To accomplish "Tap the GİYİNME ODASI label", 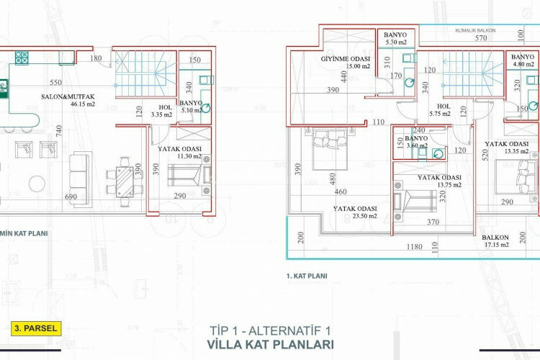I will [x=345, y=58].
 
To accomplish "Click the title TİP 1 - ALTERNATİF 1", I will [x=270, y=330].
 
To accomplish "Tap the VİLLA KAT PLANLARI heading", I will [x=270, y=344].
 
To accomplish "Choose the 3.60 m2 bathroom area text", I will [x=417, y=146].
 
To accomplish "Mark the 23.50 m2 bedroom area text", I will [x=356, y=218].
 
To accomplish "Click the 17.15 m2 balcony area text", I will [x=495, y=245].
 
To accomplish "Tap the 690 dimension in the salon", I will [x=71, y=197].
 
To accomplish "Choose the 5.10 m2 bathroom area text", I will [x=191, y=111].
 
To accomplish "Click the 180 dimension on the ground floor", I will [x=96, y=58].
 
